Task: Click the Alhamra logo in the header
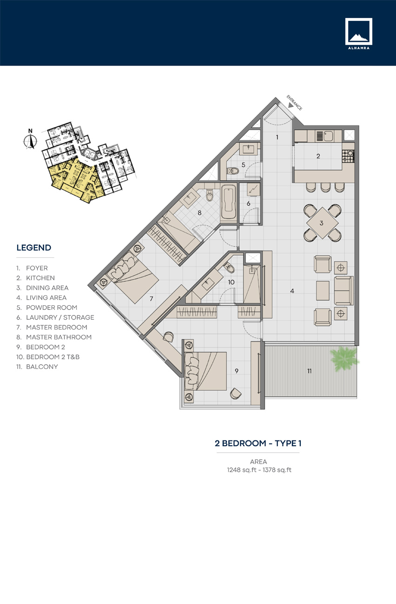coord(358,34)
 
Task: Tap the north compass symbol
coord(31,139)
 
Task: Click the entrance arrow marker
coord(290,105)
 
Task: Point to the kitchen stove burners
coord(348,156)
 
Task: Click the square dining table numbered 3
coord(321,223)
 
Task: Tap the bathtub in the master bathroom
coord(228,203)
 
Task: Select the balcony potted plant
coord(344,358)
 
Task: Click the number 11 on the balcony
coord(309,371)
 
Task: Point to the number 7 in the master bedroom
coord(151,299)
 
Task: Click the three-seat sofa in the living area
coord(344,290)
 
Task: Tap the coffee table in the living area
coord(323,290)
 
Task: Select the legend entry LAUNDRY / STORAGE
coord(60,317)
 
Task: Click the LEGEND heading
coord(34,248)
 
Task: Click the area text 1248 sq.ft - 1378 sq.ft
coord(258,470)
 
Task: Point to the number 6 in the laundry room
coord(249,203)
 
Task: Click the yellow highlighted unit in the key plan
coord(74,179)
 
